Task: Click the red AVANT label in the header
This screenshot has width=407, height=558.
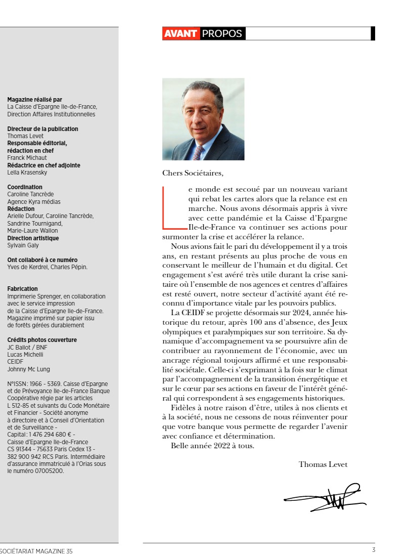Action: point(180,34)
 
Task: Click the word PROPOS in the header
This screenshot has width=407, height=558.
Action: point(222,34)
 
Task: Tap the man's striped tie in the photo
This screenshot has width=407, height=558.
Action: point(198,152)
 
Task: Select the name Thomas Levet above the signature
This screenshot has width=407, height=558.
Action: point(323,464)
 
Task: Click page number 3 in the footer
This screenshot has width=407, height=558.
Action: point(373,551)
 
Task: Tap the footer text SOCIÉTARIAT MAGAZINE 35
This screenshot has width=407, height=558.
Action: point(36,551)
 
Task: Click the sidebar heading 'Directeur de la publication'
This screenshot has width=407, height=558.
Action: point(42,129)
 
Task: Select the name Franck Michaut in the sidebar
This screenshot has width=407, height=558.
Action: point(27,158)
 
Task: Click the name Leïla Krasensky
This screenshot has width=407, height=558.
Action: point(27,173)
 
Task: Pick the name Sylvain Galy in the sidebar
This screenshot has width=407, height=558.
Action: point(23,245)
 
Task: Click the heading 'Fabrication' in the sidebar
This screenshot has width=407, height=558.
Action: point(22,289)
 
